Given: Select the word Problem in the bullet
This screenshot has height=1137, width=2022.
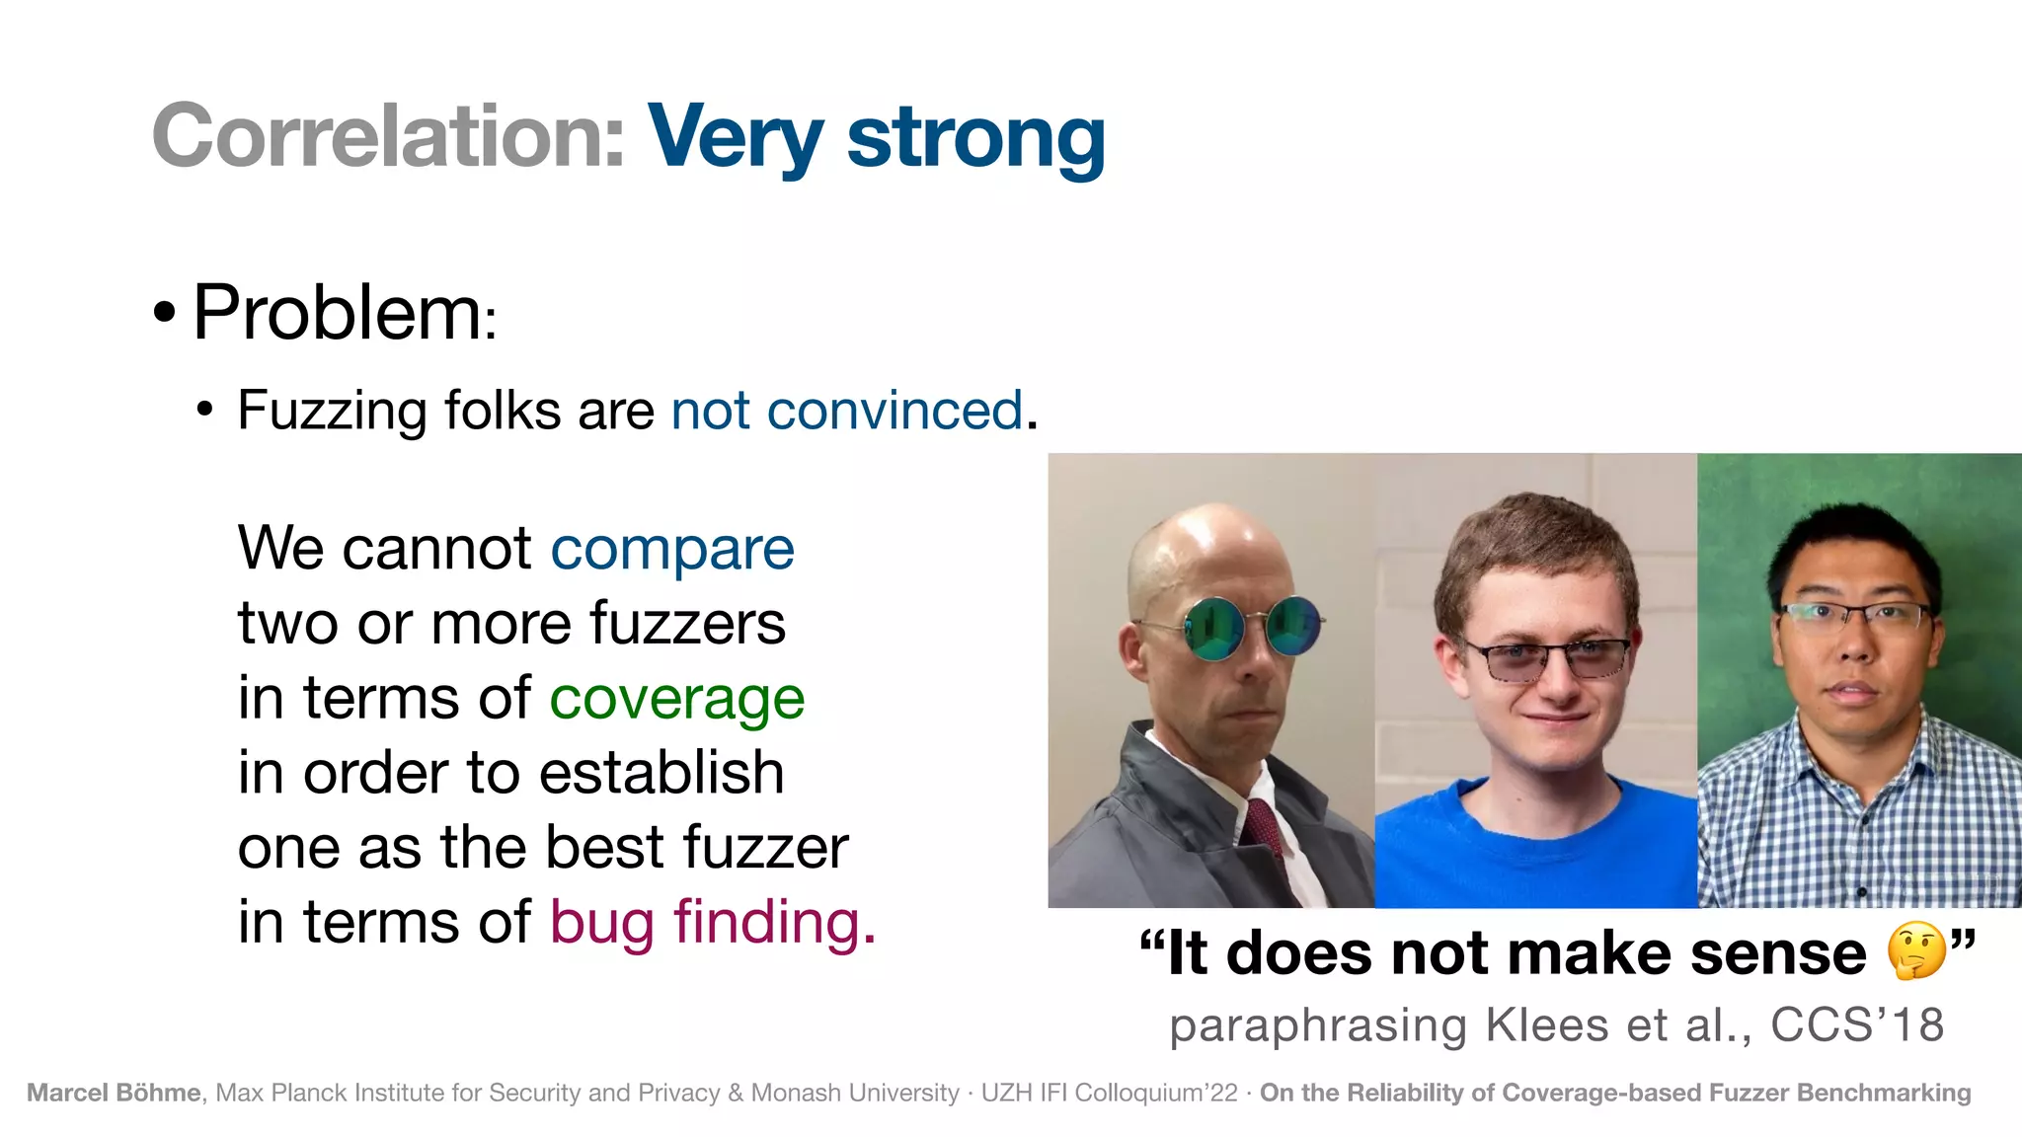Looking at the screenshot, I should tap(337, 313).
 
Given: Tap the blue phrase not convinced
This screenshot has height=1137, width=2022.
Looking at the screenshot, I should tap(846, 411).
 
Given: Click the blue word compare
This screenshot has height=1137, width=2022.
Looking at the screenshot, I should tap(671, 549).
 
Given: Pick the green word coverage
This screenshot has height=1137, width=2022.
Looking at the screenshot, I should tap(676, 699).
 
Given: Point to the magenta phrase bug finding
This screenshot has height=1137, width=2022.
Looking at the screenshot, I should tap(711, 923).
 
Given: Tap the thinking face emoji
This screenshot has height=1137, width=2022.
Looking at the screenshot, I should tap(1915, 951).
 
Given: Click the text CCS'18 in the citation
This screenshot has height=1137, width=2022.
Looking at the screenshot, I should tap(1856, 1024).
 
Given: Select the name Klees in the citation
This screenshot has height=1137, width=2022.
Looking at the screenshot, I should tap(1547, 1024).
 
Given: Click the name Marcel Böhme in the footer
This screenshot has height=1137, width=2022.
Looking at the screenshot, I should tap(114, 1093).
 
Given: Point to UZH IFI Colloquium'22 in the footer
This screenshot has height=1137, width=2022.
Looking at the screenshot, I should tap(1109, 1093).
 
